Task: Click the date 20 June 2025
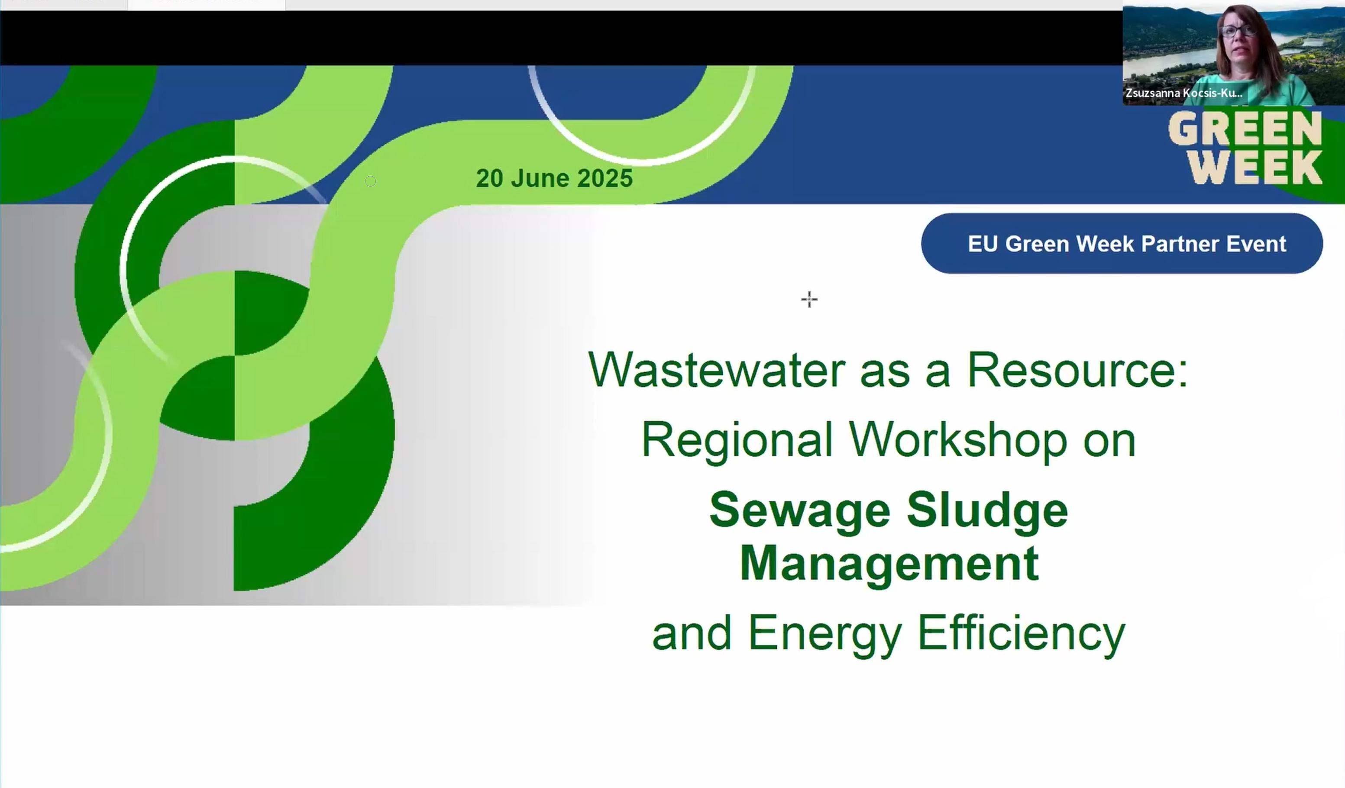554,178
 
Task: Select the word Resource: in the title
1078,369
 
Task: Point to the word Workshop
957,439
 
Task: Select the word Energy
825,634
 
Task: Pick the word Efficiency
1022,634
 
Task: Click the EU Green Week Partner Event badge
1122,243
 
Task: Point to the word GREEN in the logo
1245,128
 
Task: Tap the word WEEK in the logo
1256,167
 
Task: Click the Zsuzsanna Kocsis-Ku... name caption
1184,93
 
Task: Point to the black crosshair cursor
809,299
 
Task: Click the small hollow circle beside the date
370,181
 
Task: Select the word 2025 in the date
605,178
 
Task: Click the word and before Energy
692,634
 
